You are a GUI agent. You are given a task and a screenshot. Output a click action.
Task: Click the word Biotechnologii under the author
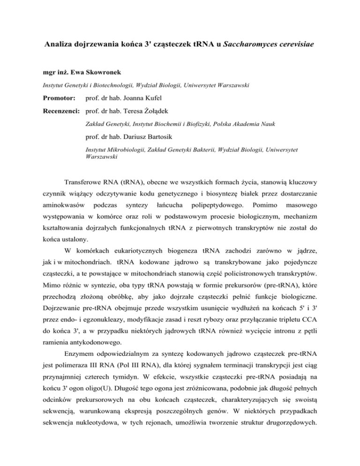coord(121,86)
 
